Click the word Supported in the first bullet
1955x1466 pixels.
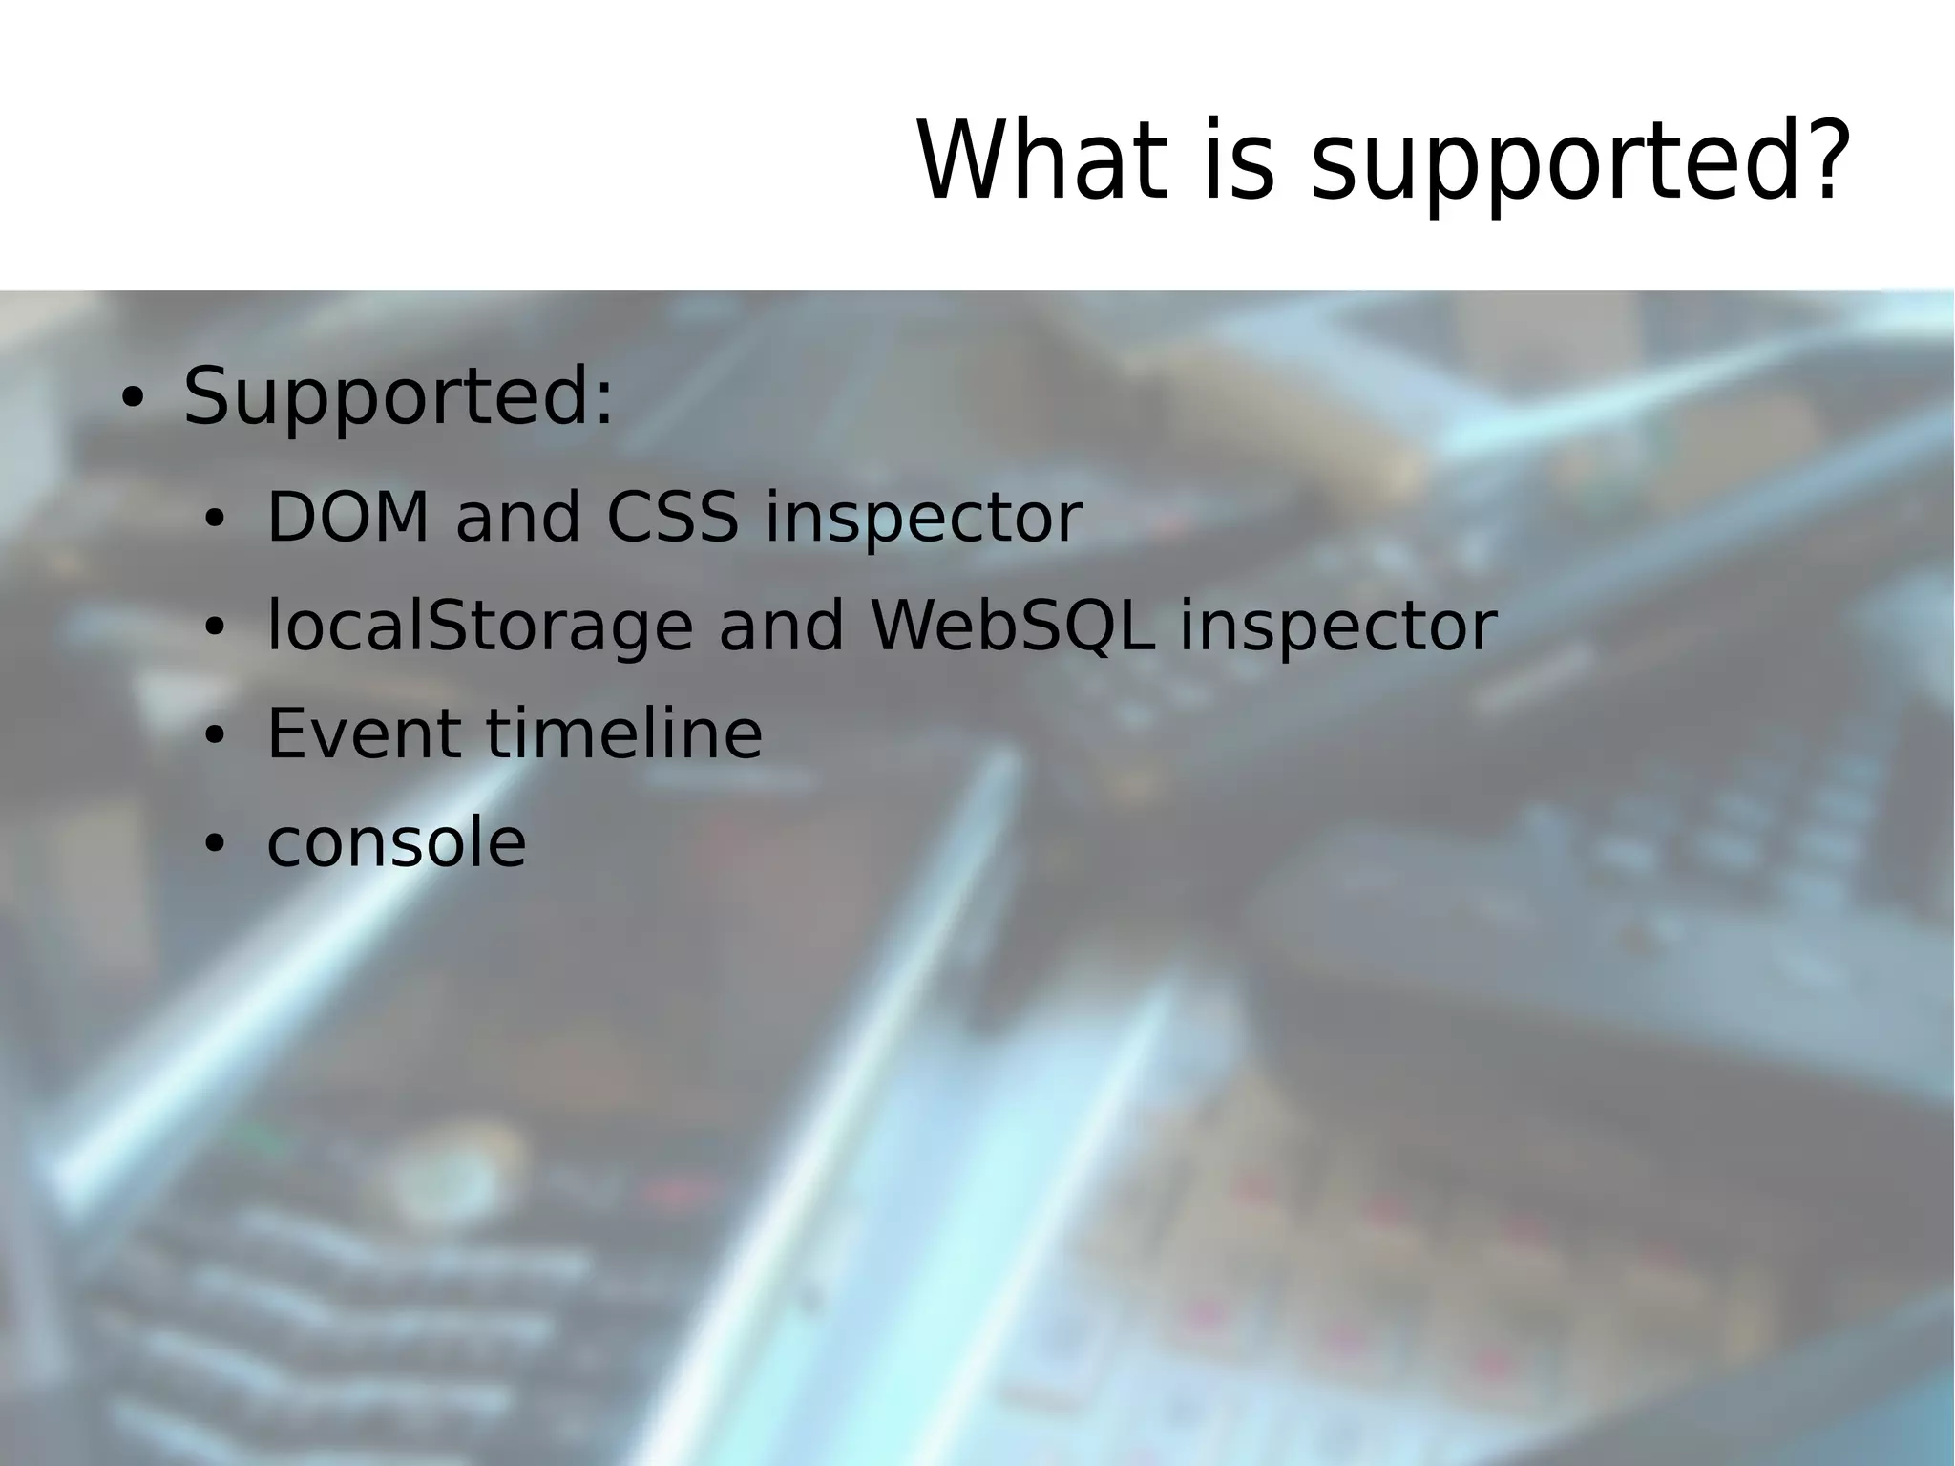386,396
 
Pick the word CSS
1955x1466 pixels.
672,519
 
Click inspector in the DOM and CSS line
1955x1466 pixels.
923,521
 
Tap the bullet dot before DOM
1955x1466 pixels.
214,521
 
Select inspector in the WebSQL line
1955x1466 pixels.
1338,628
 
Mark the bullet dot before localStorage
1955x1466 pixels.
214,629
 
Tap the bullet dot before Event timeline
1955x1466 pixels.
214,736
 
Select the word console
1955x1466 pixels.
396,843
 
